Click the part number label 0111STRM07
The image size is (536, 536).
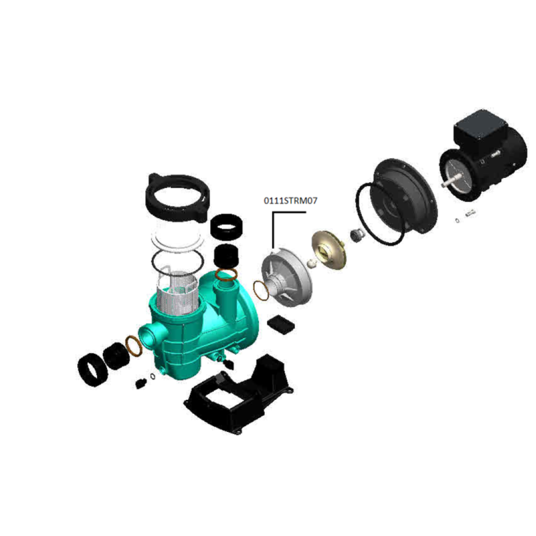(x=290, y=200)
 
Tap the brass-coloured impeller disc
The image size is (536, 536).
(x=329, y=250)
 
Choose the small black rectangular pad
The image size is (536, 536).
(x=280, y=324)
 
